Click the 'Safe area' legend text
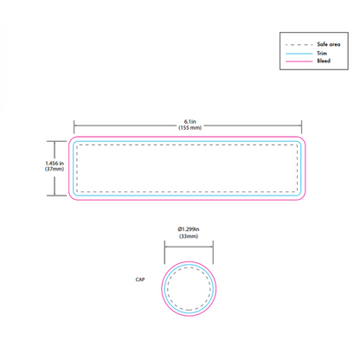coord(329,44)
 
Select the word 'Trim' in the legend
coord(322,53)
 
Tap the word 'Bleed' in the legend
coord(324,61)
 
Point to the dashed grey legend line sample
coord(299,45)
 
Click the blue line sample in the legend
coord(299,54)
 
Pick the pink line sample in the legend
coord(299,61)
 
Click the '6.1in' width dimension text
coord(190,122)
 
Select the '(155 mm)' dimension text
coord(190,127)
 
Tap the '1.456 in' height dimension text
coord(55,164)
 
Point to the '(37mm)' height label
coord(55,169)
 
